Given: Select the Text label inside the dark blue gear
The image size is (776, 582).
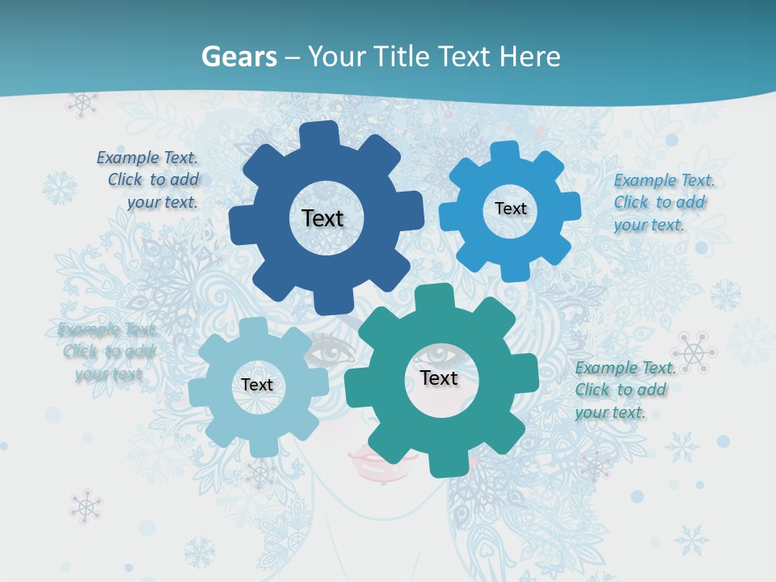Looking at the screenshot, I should [323, 218].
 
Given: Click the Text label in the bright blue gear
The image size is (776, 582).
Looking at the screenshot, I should [510, 209].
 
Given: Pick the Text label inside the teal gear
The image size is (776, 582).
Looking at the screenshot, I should [439, 377].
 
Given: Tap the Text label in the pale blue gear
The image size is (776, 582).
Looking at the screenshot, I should [257, 385].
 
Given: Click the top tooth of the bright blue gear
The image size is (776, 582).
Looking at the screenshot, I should [504, 152].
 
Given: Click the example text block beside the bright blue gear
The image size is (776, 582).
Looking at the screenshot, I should [664, 202].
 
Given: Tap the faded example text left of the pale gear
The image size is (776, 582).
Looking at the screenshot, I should [108, 352].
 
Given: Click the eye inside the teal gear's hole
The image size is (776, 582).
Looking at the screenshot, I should [441, 354].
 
